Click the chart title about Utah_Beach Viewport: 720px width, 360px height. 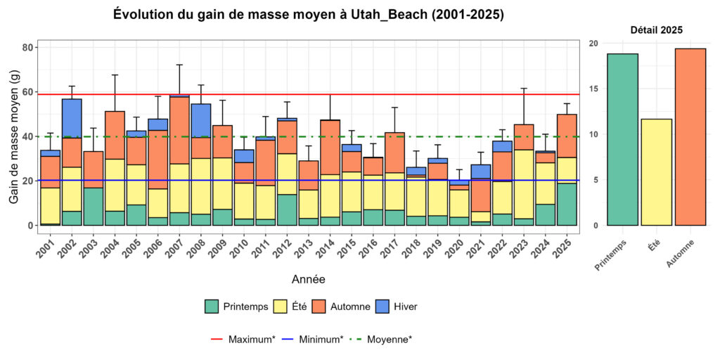pos(309,14)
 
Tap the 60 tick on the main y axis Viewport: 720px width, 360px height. pos(27,92)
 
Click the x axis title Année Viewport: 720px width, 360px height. pos(308,279)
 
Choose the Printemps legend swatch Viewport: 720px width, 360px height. pos(212,306)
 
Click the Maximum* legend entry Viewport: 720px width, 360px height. pos(243,339)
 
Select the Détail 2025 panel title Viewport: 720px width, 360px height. pos(656,30)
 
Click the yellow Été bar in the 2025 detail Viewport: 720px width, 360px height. pos(656,172)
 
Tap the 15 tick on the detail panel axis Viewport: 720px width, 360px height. pos(593,89)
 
